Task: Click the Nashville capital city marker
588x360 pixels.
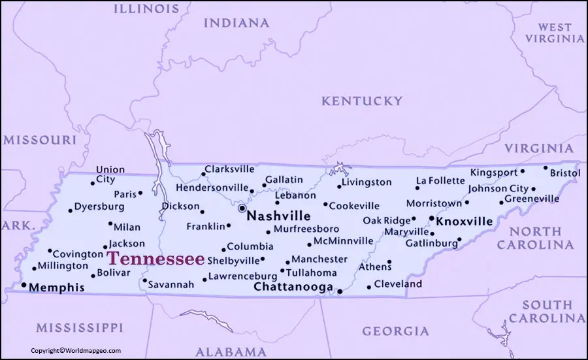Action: tap(242, 208)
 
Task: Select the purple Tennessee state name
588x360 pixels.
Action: tap(155, 257)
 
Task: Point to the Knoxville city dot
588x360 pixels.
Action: tap(431, 218)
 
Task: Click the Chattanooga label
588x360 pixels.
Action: tap(293, 287)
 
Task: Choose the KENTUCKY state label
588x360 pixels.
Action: tap(361, 101)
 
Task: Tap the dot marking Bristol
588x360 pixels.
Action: tap(546, 167)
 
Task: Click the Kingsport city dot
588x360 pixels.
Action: tap(522, 172)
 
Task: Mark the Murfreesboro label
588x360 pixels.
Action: tap(306, 229)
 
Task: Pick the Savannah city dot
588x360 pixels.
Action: tap(144, 281)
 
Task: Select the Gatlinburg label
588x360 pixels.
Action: tap(431, 243)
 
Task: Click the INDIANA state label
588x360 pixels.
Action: tap(236, 23)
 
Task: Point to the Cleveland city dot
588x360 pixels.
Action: tap(368, 286)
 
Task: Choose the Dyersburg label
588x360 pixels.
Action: tap(99, 206)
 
